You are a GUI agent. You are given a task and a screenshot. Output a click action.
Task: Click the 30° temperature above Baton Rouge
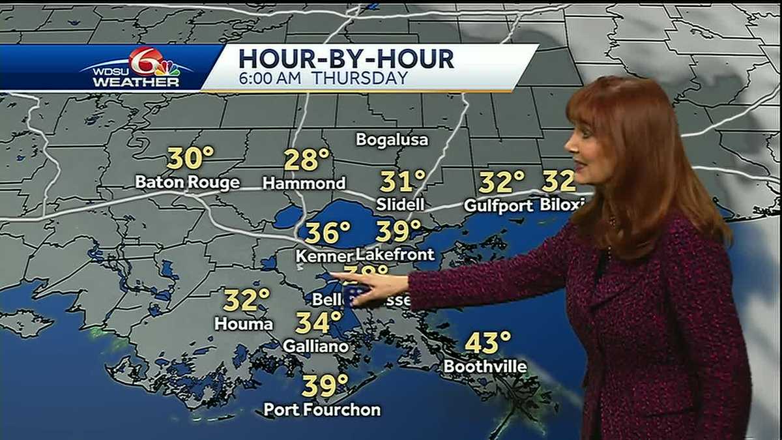[190, 158]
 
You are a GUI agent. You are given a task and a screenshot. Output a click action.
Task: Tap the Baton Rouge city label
[187, 183]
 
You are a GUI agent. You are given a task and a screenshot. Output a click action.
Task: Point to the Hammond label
[304, 183]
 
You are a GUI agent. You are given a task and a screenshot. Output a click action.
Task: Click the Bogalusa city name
[392, 140]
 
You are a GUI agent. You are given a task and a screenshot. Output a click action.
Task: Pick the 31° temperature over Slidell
[403, 181]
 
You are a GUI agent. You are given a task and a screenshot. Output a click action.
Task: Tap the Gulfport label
[499, 206]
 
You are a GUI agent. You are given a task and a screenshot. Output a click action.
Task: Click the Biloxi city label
[562, 205]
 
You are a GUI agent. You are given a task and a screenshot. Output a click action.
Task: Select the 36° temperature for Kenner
[328, 231]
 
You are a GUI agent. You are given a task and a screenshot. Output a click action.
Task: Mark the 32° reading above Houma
[246, 300]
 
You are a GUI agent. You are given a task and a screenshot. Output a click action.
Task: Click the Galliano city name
[315, 347]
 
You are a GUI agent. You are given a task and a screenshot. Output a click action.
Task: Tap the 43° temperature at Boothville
[487, 342]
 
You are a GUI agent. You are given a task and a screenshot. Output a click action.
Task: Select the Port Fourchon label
[322, 410]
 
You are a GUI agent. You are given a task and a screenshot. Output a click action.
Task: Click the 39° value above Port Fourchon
[325, 386]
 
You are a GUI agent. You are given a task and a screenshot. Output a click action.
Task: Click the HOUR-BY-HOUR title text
[346, 59]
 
